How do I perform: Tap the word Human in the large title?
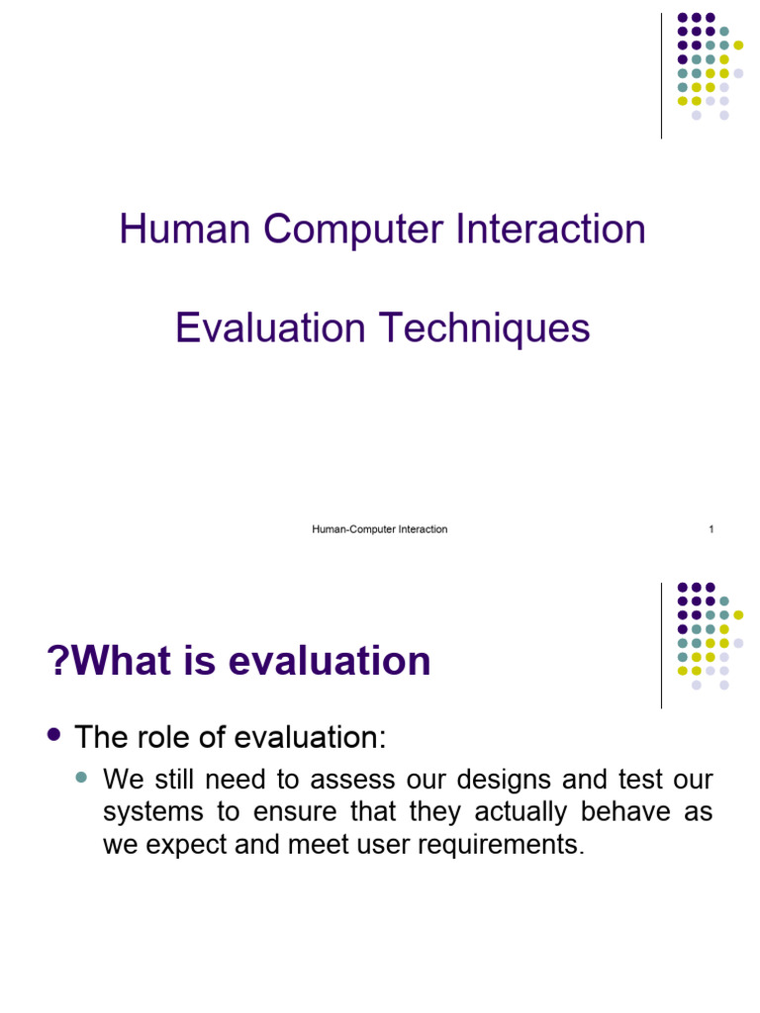185,230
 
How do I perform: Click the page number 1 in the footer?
711,529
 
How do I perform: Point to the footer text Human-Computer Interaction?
380,529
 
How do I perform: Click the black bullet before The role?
55,735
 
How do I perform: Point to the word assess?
346,780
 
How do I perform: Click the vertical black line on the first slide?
661,76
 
